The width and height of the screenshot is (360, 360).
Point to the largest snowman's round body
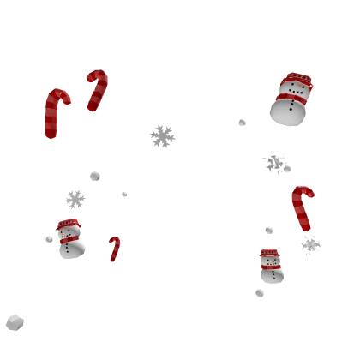(x=286, y=112)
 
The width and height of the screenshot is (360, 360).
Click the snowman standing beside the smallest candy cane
(x=69, y=240)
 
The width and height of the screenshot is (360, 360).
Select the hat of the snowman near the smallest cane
(x=68, y=225)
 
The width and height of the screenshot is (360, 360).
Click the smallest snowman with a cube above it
(x=272, y=267)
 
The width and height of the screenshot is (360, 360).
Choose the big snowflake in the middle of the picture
(x=161, y=136)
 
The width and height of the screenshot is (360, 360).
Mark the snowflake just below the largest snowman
(x=275, y=160)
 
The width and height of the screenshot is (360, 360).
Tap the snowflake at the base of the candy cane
(x=311, y=244)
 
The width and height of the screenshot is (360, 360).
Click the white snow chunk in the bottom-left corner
(x=15, y=321)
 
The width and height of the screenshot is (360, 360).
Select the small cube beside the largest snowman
(x=240, y=123)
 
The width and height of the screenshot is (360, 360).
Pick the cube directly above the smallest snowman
(x=267, y=232)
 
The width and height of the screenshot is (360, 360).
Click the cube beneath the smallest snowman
(x=261, y=294)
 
